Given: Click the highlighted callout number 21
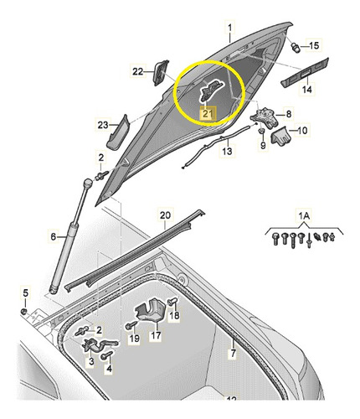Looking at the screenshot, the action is (x=208, y=113).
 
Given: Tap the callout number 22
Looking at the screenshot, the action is (x=138, y=72).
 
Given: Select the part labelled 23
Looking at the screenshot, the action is (x=118, y=132).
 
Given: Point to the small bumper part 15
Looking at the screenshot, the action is (x=296, y=47).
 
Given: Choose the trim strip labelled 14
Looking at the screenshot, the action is (x=305, y=72).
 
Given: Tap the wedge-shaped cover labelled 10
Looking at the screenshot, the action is (x=281, y=136).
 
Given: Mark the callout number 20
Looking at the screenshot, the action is (x=165, y=215).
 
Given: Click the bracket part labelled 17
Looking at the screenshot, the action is (x=151, y=311).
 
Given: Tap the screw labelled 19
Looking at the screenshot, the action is (x=131, y=325).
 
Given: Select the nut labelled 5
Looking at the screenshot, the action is (x=24, y=311).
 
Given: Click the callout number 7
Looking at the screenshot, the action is (x=232, y=354).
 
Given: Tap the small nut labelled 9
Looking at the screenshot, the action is (x=261, y=131).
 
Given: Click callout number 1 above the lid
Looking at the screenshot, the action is (x=230, y=28).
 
